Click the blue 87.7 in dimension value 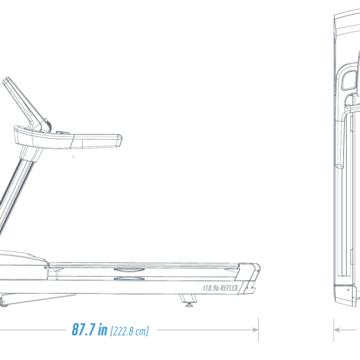coord(89,329)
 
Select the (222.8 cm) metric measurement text coord(130,331)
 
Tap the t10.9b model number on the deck coord(211,288)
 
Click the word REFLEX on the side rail coord(229,288)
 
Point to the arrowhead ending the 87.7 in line coord(256,329)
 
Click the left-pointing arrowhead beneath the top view coord(337,329)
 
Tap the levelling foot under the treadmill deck coord(189,301)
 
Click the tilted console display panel coord(25,103)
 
